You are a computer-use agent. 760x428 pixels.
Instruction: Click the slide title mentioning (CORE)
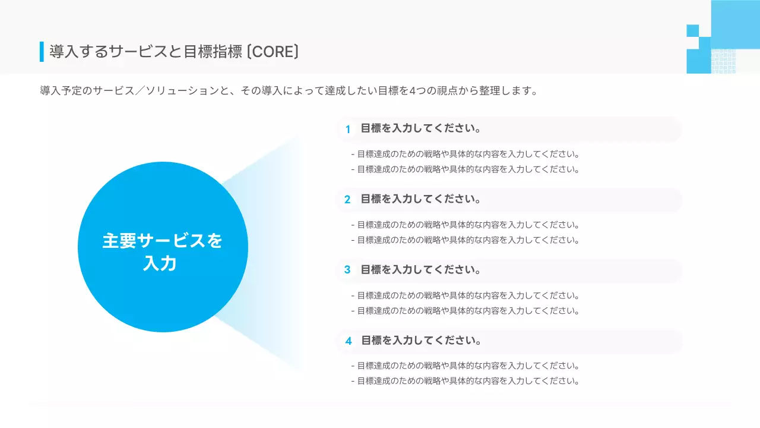click(174, 52)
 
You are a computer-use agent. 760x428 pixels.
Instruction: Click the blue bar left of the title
click(42, 52)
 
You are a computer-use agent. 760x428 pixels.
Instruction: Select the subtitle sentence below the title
click(289, 91)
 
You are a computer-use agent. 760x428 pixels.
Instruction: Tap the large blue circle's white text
click(162, 251)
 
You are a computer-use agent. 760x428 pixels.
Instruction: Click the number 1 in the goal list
click(348, 129)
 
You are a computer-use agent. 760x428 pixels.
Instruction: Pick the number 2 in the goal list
click(348, 199)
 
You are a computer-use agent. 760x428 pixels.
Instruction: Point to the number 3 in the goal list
click(348, 270)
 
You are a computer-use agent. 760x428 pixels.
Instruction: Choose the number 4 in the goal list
click(349, 341)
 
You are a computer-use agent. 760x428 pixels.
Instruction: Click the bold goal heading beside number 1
click(420, 128)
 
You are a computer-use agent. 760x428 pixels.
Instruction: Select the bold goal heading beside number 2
click(420, 199)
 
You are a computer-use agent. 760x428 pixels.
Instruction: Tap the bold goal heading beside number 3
click(420, 269)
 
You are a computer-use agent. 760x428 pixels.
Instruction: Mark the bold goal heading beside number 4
click(421, 340)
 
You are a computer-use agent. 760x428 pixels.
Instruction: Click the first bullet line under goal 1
click(465, 154)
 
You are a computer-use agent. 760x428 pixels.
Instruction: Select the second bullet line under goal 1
click(465, 169)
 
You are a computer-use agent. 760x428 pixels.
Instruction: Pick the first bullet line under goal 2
click(465, 225)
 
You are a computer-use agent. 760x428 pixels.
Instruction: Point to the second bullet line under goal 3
click(465, 310)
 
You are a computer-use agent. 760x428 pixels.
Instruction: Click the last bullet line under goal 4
click(465, 381)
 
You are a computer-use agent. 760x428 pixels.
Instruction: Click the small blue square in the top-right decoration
click(692, 30)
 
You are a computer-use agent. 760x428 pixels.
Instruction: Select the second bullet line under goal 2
click(465, 240)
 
